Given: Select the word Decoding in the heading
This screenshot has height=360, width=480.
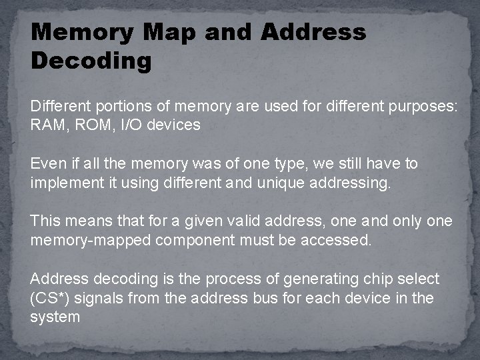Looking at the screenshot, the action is pyautogui.click(x=91, y=61).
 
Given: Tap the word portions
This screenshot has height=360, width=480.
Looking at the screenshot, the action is pyautogui.click(x=118, y=107).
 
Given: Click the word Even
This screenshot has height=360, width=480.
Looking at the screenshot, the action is pyautogui.click(x=47, y=163).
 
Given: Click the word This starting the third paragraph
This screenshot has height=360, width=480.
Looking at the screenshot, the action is pyautogui.click(x=45, y=221).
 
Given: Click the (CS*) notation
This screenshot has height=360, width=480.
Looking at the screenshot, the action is pyautogui.click(x=51, y=297).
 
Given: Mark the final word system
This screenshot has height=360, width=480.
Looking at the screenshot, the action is pyautogui.click(x=55, y=316).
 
